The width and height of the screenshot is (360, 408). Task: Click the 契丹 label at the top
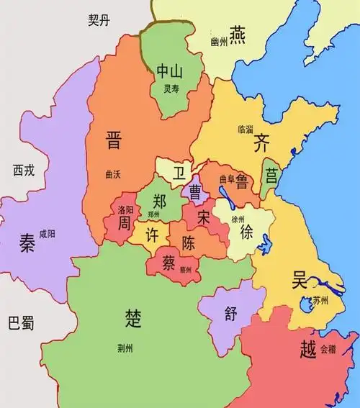[100, 22]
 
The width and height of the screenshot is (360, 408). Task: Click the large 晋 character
[114, 139]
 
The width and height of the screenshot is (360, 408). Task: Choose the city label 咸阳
[47, 233]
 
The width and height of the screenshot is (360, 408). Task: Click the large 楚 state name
[133, 317]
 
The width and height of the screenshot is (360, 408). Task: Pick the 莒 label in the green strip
[271, 175]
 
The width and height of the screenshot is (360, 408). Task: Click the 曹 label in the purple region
[195, 191]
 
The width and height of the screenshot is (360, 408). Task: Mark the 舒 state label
[230, 314]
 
